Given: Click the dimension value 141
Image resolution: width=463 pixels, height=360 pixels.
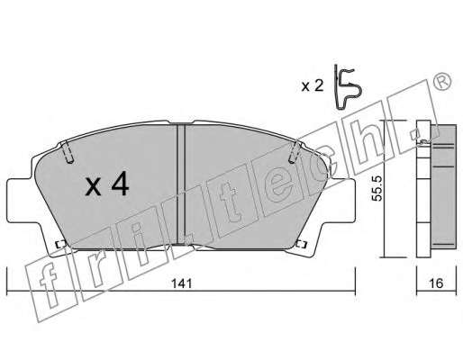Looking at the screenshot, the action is pyautogui.click(x=181, y=283).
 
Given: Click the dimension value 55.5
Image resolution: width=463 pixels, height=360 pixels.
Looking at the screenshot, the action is pyautogui.click(x=377, y=189).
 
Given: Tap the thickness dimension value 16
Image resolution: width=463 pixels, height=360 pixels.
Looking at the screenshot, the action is pyautogui.click(x=436, y=283).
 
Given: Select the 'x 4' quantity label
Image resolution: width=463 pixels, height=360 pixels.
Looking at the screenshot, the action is pyautogui.click(x=107, y=185).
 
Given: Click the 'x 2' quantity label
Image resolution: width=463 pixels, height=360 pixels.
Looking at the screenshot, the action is pyautogui.click(x=313, y=86).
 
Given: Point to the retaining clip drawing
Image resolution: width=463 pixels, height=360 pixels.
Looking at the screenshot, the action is pyautogui.click(x=348, y=87).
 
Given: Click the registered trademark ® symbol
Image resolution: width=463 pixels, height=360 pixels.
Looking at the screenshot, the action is pyautogui.click(x=441, y=81).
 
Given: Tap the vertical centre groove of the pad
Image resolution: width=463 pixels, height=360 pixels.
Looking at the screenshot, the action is pyautogui.click(x=181, y=184).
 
